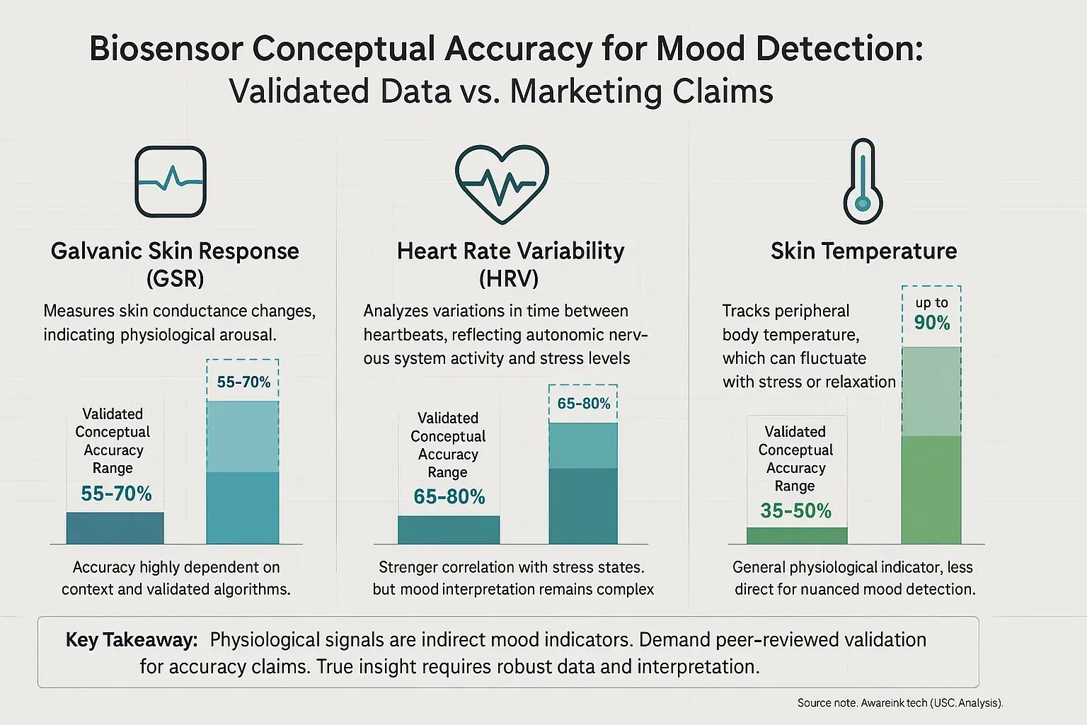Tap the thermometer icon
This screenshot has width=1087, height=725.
(863, 182)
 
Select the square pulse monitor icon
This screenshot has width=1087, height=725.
(171, 182)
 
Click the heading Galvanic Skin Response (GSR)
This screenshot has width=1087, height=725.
(175, 264)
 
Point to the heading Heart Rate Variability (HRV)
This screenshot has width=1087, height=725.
(510, 264)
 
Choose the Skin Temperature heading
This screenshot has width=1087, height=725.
(863, 251)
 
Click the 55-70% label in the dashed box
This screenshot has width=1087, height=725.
(243, 382)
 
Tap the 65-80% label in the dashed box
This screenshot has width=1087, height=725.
(583, 404)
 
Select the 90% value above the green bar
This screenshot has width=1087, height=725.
(931, 323)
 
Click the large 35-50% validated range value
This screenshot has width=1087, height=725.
(795, 510)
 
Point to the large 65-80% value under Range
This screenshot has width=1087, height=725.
(449, 497)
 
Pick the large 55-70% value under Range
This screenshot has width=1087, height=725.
(116, 493)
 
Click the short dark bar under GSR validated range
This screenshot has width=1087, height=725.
(115, 528)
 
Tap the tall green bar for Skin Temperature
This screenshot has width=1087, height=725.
(931, 489)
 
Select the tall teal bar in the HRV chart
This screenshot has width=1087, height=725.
(583, 504)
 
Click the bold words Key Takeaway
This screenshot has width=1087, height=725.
(131, 640)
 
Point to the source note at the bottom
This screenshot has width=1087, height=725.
(899, 703)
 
